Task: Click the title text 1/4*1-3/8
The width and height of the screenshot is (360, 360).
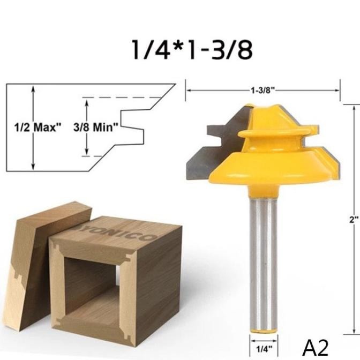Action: (x=191, y=50)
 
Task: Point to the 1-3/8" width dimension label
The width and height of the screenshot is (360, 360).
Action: (x=262, y=90)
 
